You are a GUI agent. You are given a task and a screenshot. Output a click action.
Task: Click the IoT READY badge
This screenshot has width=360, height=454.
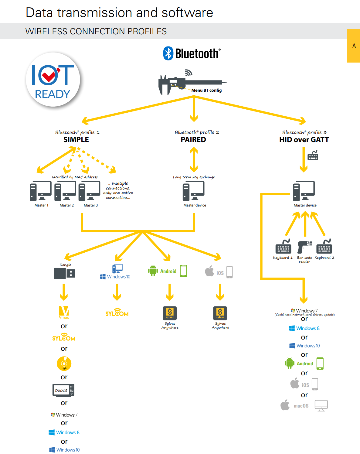click(x=53, y=80)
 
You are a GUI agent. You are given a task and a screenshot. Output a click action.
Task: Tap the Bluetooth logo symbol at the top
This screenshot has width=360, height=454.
click(x=168, y=53)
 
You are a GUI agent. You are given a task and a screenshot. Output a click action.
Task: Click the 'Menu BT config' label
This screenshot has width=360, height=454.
click(x=206, y=90)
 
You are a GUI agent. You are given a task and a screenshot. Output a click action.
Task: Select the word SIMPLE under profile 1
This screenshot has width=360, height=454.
click(x=76, y=140)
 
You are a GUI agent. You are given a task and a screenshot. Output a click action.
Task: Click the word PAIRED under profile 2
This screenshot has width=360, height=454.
click(x=193, y=140)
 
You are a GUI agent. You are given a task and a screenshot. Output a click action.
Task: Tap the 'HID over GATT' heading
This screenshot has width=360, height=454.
click(x=304, y=140)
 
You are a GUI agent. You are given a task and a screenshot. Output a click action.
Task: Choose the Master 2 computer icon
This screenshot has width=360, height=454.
click(x=65, y=191)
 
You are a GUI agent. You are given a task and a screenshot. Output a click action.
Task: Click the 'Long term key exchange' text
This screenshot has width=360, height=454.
click(x=194, y=177)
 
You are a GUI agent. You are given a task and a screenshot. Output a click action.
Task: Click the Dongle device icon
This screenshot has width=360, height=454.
click(x=64, y=273)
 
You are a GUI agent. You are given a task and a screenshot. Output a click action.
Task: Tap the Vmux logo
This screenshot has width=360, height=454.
click(x=64, y=312)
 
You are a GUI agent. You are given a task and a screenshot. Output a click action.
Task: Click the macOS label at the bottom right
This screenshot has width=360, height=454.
click(x=301, y=406)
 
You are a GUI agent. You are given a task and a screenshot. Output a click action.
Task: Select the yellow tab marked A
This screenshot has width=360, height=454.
click(x=354, y=46)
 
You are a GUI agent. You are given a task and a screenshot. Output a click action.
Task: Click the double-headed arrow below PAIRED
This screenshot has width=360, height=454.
click(x=194, y=159)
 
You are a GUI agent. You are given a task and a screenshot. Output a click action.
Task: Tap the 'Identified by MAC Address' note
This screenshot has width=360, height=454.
click(x=75, y=177)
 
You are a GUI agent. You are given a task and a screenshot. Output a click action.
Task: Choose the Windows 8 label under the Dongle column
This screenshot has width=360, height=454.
click(x=64, y=432)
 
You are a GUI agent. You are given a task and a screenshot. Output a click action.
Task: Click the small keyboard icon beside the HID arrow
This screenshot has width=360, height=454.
click(x=313, y=155)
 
